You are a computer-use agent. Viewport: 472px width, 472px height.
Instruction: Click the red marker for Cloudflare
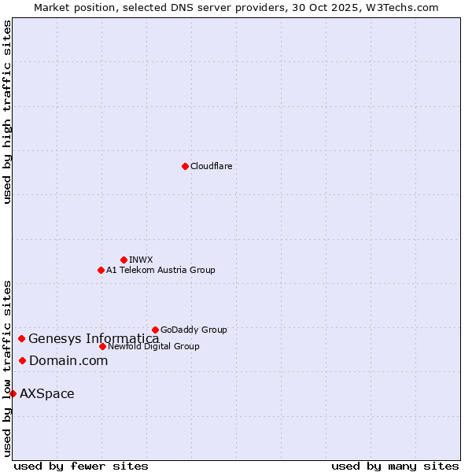(x=185, y=166)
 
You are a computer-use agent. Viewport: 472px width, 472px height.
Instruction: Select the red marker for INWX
(x=124, y=260)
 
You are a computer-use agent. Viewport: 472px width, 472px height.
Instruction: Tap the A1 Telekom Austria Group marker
(x=101, y=270)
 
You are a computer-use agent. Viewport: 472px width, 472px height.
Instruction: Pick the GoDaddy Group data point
(x=155, y=330)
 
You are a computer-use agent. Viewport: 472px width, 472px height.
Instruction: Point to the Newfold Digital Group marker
(x=102, y=346)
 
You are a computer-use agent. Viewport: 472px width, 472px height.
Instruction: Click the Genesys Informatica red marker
(x=21, y=338)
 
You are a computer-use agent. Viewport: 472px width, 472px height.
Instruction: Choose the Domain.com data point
(x=22, y=360)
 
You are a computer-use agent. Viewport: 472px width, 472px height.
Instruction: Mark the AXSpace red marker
(x=13, y=393)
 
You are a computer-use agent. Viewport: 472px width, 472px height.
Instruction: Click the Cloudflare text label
(x=211, y=166)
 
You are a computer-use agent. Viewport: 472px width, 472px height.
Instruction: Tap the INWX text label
(x=141, y=260)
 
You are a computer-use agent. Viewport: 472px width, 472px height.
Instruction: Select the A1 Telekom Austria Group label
(x=160, y=270)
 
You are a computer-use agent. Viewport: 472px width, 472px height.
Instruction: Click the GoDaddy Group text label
(x=194, y=330)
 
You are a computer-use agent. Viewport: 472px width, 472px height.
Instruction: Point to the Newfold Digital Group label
(x=153, y=346)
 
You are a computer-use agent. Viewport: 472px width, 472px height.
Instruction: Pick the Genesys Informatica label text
(x=94, y=338)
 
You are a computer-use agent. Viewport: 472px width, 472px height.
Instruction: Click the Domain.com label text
(x=68, y=360)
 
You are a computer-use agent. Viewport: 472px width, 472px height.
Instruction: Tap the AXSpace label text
(x=47, y=393)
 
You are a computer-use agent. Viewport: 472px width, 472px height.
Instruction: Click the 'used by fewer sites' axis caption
(x=81, y=466)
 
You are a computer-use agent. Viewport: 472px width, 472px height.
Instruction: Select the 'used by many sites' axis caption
(x=395, y=466)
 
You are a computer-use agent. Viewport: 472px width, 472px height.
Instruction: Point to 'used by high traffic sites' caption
(x=7, y=112)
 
